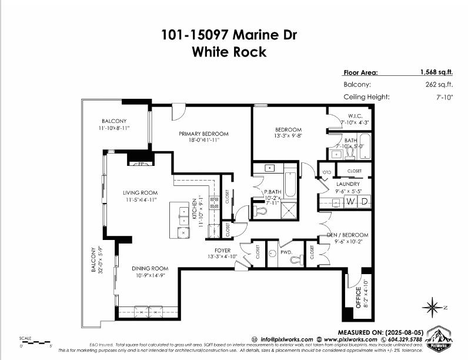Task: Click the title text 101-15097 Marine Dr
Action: pos(229,35)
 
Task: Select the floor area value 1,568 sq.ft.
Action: pos(436,73)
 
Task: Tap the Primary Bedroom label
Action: pos(203,134)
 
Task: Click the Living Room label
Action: pos(140,192)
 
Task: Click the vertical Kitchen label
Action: pos(194,210)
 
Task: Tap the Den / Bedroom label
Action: pos(347,235)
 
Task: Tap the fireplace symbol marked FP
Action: pos(141,165)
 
